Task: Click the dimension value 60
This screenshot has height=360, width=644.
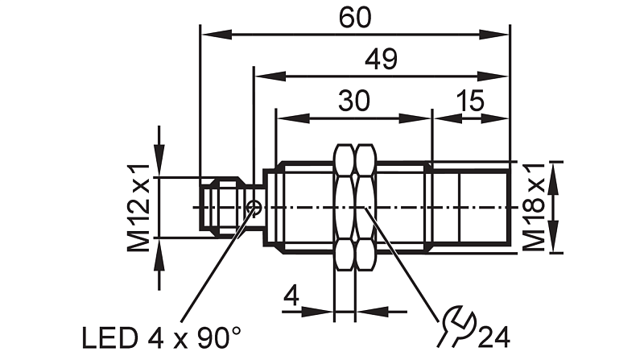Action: pos(355,18)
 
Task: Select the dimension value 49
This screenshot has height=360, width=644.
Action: pos(381,59)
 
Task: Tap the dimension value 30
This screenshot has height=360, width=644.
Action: pos(354,101)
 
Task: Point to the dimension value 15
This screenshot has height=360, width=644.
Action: pos(470,101)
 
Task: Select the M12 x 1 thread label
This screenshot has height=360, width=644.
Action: pos(138,207)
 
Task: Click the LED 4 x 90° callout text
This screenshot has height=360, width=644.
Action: pos(162,338)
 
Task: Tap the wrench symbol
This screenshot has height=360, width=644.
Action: pos(456,325)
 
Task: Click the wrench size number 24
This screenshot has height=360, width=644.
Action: pos(494,337)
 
